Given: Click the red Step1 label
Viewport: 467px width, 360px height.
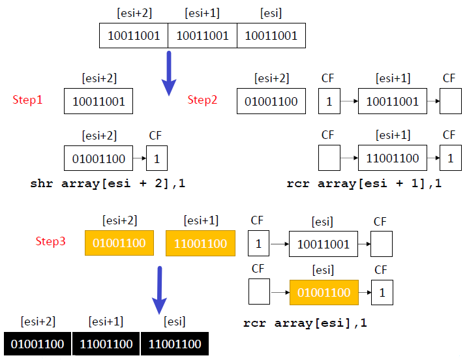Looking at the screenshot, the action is pyautogui.click(x=27, y=100).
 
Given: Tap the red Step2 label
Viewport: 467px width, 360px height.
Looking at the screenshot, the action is pyautogui.click(x=202, y=100).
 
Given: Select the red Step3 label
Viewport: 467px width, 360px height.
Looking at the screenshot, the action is pyautogui.click(x=50, y=241).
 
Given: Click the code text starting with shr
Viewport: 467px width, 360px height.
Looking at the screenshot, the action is pyautogui.click(x=108, y=183).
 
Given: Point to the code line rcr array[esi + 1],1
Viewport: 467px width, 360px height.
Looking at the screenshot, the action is pyautogui.click(x=364, y=183).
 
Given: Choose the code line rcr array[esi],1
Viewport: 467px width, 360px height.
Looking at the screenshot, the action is pyautogui.click(x=305, y=323).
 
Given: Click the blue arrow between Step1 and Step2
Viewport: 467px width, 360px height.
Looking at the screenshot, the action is pyautogui.click(x=169, y=73).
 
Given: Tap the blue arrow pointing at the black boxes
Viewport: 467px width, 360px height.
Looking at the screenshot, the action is pyautogui.click(x=159, y=290).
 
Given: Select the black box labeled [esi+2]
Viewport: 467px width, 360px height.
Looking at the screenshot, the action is pyautogui.click(x=38, y=344).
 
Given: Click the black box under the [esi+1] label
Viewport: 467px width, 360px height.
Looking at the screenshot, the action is pyautogui.click(x=106, y=344).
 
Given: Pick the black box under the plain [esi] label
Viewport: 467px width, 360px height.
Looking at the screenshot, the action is pyautogui.click(x=175, y=344).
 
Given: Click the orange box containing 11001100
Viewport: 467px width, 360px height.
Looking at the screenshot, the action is pyautogui.click(x=200, y=243).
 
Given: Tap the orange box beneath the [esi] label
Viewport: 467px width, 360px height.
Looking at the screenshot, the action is pyautogui.click(x=324, y=292).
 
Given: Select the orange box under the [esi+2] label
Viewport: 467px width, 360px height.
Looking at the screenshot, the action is pyautogui.click(x=119, y=243).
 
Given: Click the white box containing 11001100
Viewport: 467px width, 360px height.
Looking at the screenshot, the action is pyautogui.click(x=393, y=158).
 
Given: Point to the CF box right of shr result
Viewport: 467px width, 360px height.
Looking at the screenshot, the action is pyautogui.click(x=157, y=158).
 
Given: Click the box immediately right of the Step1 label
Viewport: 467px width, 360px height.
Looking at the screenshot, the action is pyautogui.click(x=98, y=101).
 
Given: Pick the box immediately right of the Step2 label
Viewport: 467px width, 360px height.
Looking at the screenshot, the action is pyautogui.click(x=271, y=101).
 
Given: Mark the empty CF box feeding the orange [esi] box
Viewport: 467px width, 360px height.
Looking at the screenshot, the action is pyautogui.click(x=259, y=292).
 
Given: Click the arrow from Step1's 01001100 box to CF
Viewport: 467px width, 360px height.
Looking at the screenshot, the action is pyautogui.click(x=140, y=158).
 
